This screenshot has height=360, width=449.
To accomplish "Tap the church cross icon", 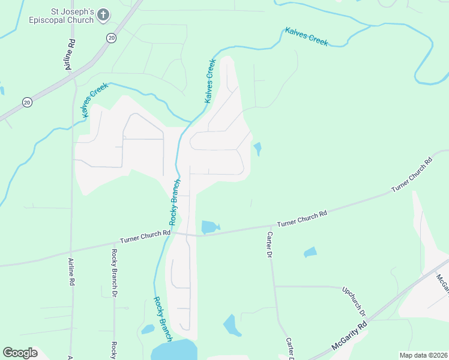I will [103, 15].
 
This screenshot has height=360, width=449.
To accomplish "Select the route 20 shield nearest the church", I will [111, 38].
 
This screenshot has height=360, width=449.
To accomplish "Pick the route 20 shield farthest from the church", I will [27, 103].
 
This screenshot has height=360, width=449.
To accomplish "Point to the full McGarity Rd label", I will [349, 340].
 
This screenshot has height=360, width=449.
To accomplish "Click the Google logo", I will [20, 353].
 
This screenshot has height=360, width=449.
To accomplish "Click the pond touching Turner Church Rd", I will [209, 227].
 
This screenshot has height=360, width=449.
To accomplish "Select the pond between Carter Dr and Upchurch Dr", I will [310, 252].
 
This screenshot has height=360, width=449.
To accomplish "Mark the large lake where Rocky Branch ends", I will [175, 350].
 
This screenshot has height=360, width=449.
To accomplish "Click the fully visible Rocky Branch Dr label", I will [114, 272].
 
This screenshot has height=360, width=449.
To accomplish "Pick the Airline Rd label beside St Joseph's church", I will [70, 56].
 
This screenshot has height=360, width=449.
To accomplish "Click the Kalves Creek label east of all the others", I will [306, 37].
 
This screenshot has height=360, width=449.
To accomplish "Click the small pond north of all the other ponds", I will [258, 148].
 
